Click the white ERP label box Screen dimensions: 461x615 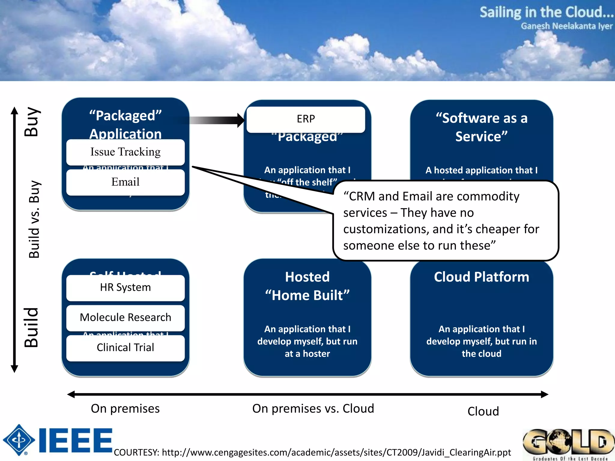coord(306,119)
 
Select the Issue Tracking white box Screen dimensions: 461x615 coord(125,152)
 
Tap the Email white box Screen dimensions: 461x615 coord(125,182)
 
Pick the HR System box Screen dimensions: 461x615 coord(125,288)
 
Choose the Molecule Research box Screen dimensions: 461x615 coord(125,318)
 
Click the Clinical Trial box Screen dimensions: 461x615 coord(125,348)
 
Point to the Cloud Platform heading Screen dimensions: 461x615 coord(481,277)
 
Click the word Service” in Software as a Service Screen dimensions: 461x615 coord(481,137)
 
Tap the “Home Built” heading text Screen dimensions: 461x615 coord(307,295)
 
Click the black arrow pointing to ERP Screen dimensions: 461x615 coord(216,120)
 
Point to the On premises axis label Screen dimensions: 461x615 coord(125,409)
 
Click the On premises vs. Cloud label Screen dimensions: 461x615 coord(313,409)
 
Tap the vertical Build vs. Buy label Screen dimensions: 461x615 coord(34,219)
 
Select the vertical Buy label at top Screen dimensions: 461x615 coord(32,122)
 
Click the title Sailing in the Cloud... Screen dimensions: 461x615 coord(546,13)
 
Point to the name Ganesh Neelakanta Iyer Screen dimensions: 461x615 coord(566,26)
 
